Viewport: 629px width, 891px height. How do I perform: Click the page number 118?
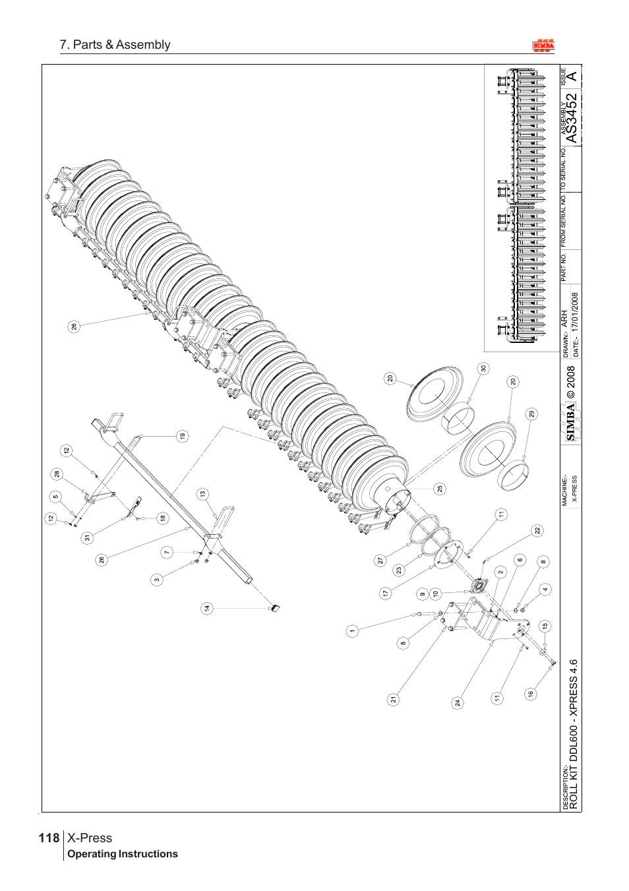[x=49, y=838]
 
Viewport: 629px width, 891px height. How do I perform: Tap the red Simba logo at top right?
[x=544, y=46]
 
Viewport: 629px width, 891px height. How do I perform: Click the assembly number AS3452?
[x=572, y=118]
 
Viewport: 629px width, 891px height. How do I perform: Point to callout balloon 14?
[x=207, y=608]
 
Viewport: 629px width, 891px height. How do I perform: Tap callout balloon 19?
[x=182, y=435]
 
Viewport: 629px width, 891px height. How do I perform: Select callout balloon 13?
[x=203, y=493]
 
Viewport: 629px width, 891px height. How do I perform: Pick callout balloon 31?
[x=86, y=538]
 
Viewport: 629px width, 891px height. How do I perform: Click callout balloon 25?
[x=440, y=489]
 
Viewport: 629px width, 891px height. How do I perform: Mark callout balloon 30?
[x=483, y=369]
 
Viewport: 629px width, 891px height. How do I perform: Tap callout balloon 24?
[x=458, y=702]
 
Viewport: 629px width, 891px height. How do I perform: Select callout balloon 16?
[x=530, y=693]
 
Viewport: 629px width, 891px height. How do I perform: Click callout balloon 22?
[x=537, y=530]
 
